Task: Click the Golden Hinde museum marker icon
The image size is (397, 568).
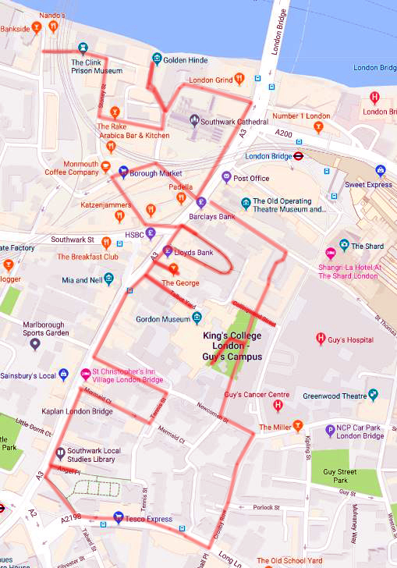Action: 157,59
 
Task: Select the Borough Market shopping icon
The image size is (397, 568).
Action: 123,172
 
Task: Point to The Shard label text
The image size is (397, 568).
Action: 367,247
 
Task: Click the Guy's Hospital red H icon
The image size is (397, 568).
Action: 320,339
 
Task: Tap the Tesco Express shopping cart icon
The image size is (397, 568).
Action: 118,517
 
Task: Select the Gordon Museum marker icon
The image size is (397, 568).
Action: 197,318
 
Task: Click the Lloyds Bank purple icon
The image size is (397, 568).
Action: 167,251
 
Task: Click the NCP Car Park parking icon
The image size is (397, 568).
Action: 331,428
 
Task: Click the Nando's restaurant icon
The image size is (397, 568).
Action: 53,26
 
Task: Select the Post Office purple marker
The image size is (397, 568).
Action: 226,177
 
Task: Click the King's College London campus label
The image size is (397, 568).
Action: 230,346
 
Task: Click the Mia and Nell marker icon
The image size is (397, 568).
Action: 109,278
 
